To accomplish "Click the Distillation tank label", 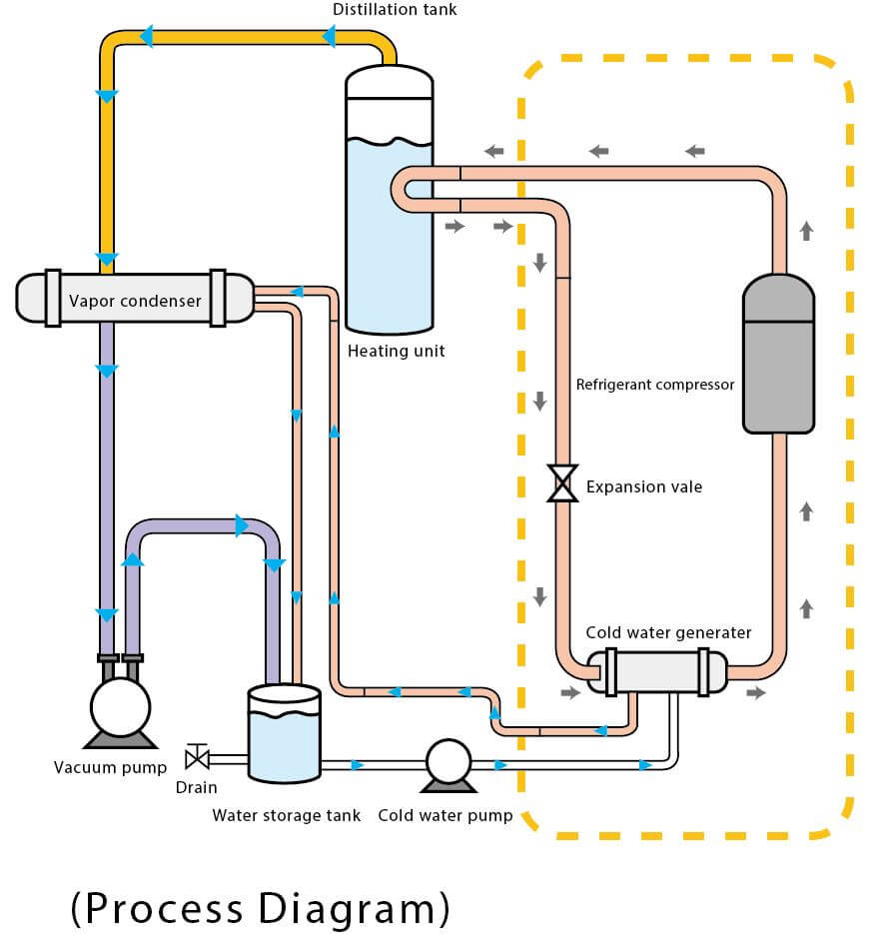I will (395, 10).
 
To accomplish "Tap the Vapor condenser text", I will (135, 300).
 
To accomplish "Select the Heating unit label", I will (396, 351).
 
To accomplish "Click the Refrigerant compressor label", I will (655, 385).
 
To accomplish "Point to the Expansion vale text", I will (644, 487).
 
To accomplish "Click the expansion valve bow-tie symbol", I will (563, 483).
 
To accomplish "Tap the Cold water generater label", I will (668, 632).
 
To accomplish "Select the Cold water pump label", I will (444, 815).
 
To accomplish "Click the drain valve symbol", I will (198, 757).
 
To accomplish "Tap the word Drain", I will (196, 787).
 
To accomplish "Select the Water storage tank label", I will (287, 815).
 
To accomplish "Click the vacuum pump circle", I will (120, 707).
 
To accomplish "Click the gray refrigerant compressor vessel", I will (778, 354).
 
